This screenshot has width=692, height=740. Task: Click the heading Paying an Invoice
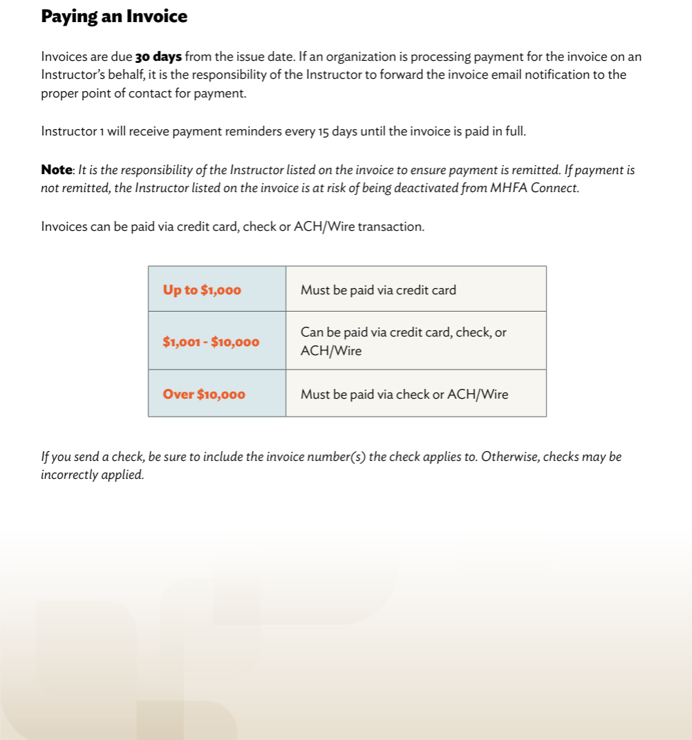click(114, 17)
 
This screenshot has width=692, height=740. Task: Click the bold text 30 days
click(158, 57)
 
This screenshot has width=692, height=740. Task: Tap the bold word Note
click(57, 170)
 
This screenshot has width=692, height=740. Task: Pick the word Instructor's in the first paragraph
click(74, 75)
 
